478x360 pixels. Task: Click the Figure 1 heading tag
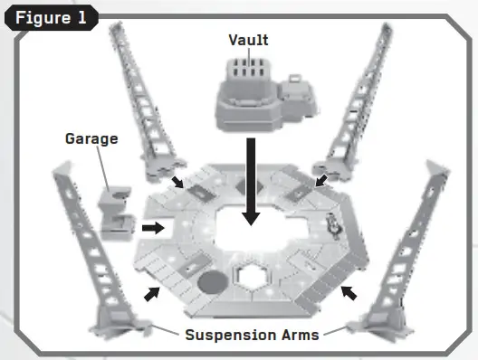tap(51, 19)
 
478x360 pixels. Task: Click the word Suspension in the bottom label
tap(230, 335)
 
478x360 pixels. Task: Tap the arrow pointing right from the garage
tap(154, 227)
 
